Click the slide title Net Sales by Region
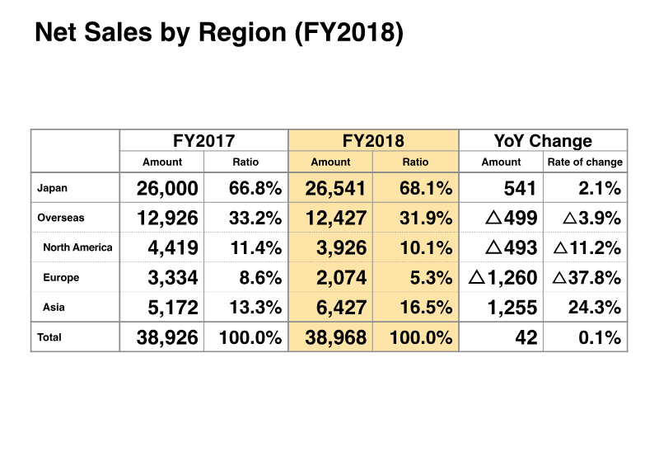218,35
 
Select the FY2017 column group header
203,141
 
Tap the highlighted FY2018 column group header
373,141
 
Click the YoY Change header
543,141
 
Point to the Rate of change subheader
585,162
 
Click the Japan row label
53,189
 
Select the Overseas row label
61,219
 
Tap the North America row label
77,247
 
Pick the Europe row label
61,278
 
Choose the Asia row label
55,308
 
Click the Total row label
49,337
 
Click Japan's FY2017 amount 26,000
167,189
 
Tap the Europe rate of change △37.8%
586,278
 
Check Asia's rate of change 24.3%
595,308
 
